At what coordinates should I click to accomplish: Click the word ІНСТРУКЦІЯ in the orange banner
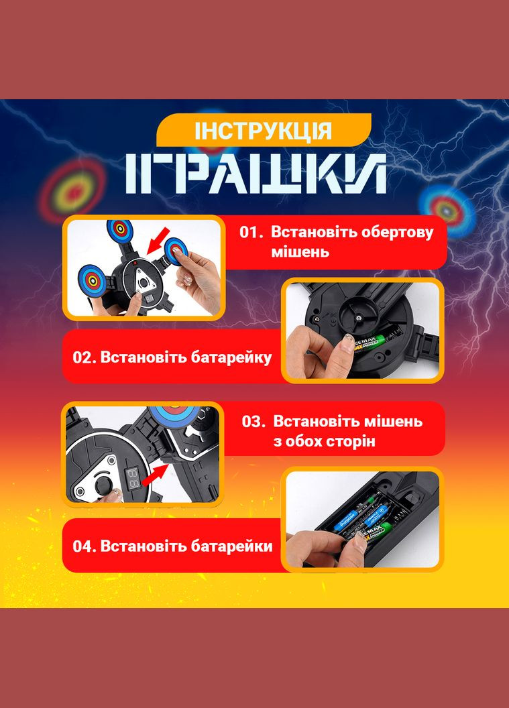(x=264, y=131)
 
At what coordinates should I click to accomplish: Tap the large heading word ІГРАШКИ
(x=256, y=174)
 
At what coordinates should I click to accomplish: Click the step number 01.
(x=251, y=233)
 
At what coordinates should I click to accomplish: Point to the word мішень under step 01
(x=300, y=252)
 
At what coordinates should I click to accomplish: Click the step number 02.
(x=84, y=357)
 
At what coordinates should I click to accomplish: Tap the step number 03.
(x=253, y=422)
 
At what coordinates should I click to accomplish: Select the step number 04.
(x=84, y=546)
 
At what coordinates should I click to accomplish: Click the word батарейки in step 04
(x=231, y=546)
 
